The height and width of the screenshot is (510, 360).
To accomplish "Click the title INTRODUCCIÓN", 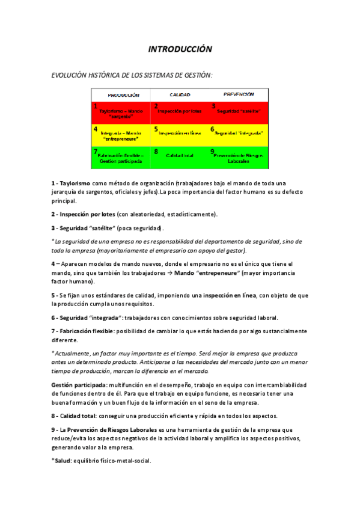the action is [x=180, y=49].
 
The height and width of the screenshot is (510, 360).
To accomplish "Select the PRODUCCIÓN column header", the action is [x=123, y=94].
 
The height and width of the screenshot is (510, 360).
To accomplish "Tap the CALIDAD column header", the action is [x=180, y=94].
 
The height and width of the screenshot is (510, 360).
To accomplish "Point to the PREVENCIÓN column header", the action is [x=238, y=94].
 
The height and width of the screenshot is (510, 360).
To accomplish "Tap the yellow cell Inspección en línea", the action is [x=180, y=134].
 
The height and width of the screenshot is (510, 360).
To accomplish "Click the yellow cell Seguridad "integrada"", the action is [x=238, y=134].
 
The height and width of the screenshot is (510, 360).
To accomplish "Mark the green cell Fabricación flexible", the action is [x=121, y=158].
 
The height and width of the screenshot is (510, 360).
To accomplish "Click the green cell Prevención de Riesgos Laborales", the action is [x=238, y=158].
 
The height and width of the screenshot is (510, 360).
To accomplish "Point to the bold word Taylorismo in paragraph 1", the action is [x=75, y=183].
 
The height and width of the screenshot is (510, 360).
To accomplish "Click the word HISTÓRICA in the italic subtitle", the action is [x=107, y=75].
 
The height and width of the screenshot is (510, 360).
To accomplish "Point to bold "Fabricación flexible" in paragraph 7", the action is [x=87, y=331].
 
